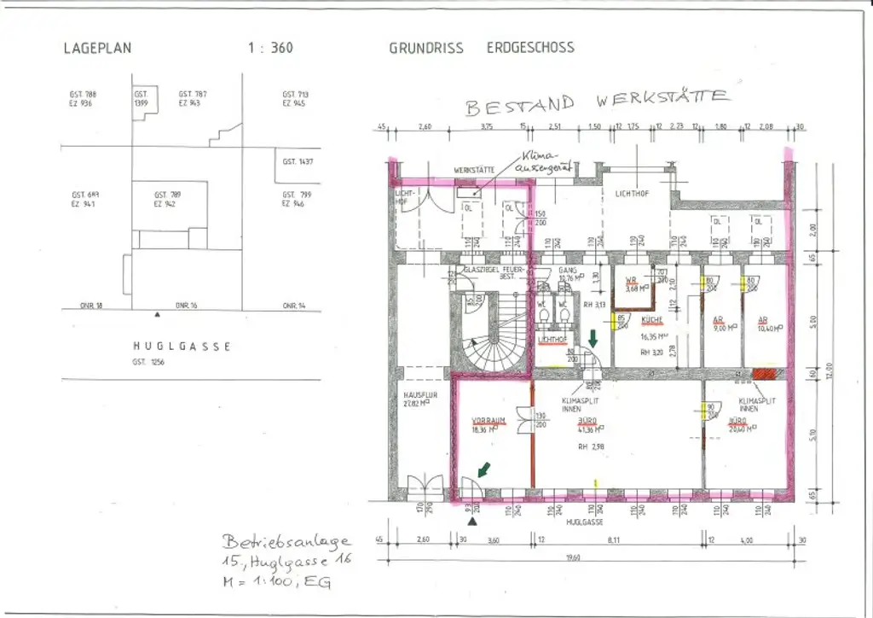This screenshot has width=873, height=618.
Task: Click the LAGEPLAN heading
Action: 97,48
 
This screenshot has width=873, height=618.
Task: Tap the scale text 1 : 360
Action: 270,48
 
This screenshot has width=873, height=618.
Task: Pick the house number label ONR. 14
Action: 294,305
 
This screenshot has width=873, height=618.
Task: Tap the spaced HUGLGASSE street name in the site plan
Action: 182,347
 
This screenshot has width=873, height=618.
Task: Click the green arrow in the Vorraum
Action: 483,469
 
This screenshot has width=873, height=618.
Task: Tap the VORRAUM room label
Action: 489,421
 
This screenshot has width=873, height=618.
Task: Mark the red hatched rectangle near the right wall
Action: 764,373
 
